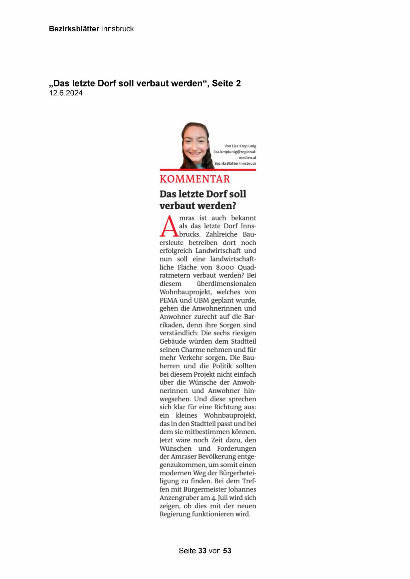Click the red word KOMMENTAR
[195, 179]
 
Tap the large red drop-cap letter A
[169, 226]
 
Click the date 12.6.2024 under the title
[66, 93]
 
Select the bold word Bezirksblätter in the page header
[74, 29]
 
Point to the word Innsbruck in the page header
[117, 29]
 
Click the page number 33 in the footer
[202, 551]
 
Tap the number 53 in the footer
[227, 551]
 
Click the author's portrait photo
[195, 146]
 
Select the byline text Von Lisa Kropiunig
[240, 146]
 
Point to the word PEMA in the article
[168, 300]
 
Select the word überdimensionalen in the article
[226, 284]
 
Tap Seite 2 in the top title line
[226, 84]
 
